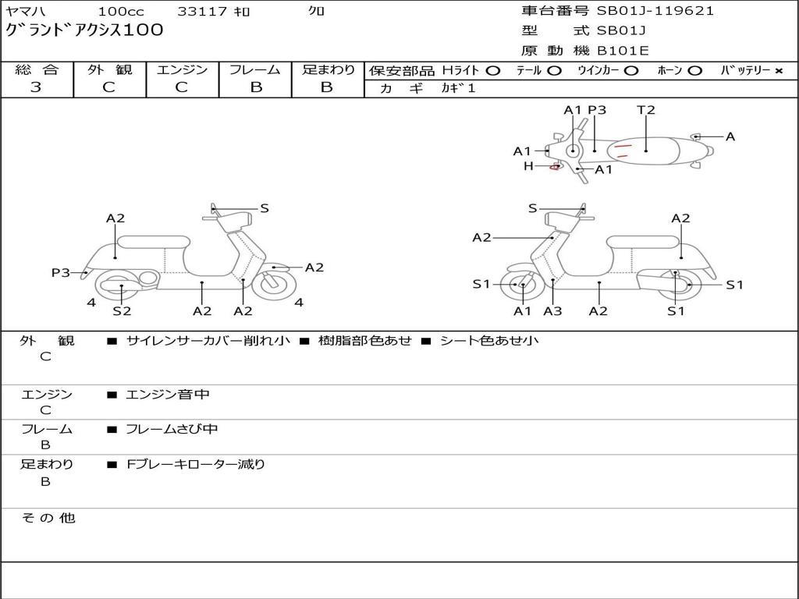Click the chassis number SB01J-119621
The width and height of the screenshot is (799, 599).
[655, 11]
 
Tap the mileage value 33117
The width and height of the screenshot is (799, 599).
[202, 12]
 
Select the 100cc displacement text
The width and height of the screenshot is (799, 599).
[121, 12]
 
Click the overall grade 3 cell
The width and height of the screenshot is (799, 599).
[36, 87]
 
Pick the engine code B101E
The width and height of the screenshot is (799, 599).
[623, 51]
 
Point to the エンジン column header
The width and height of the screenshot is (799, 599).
[182, 70]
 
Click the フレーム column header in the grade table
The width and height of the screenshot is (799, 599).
[255, 70]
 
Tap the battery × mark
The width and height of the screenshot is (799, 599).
[778, 71]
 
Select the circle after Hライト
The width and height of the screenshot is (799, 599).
[492, 71]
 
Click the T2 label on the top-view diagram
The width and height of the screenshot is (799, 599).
[646, 110]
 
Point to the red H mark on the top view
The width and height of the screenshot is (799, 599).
[556, 166]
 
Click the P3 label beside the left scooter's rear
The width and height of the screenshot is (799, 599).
[61, 272]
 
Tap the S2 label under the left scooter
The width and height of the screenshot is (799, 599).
[122, 311]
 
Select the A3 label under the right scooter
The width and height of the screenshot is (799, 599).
[552, 311]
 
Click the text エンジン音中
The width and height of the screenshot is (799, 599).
[168, 395]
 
